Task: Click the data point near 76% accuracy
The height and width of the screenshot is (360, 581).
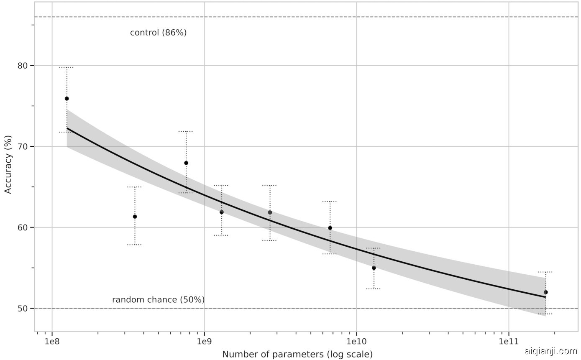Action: coord(67,99)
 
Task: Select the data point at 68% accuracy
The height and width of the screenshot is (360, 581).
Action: coord(186,163)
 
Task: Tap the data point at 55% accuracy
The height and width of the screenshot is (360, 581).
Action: coord(374,268)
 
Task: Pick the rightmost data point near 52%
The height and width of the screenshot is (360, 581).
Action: coord(545,292)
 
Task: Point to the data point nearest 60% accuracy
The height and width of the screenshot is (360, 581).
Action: coord(330,228)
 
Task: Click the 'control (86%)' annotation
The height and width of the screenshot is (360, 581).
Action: coord(158,33)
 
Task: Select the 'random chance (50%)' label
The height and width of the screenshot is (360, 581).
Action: coord(158,300)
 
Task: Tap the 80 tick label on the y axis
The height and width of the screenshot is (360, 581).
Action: coord(23,66)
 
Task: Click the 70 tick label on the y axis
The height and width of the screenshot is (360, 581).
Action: coord(23,147)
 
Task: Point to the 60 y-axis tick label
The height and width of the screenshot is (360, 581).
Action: coord(23,227)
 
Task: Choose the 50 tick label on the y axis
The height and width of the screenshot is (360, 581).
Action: coord(23,309)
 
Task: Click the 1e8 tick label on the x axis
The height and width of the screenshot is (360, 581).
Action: coord(52,341)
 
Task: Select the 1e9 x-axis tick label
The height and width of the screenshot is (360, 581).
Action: coord(204,341)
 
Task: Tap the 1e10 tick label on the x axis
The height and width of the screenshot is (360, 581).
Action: coord(356,341)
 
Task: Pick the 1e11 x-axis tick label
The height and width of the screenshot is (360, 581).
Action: coord(509,341)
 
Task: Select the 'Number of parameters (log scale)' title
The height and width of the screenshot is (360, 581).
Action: coord(297,355)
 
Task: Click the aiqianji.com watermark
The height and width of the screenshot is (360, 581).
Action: coord(550,351)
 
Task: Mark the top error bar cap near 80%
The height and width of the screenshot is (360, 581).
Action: coord(67,67)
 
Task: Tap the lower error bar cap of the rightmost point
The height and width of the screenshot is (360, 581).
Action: coord(545,314)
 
